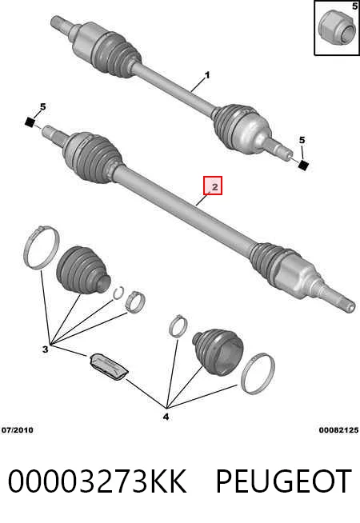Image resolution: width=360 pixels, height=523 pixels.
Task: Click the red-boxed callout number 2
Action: point(213,186)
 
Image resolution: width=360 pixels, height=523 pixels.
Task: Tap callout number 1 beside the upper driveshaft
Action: point(207,75)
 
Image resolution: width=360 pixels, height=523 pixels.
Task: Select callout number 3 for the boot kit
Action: point(46,349)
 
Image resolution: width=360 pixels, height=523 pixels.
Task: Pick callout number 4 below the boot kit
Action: point(166,417)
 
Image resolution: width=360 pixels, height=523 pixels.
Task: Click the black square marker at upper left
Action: point(30,122)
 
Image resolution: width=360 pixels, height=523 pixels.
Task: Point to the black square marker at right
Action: point(303,165)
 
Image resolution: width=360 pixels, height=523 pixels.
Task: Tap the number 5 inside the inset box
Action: point(354,6)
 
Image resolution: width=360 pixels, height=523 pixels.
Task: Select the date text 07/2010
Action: point(18,430)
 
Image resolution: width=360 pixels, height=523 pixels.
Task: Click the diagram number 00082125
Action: point(338,430)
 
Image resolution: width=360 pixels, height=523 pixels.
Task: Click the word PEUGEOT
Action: point(283,481)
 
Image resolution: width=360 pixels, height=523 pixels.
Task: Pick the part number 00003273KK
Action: point(97,481)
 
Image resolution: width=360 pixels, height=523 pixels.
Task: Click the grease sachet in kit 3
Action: point(109,366)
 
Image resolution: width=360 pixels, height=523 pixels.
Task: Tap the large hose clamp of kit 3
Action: point(42,247)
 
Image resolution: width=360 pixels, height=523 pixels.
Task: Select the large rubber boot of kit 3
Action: point(83,270)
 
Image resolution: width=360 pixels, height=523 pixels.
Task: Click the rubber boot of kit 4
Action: point(218,353)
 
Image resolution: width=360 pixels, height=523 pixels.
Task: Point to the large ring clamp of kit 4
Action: point(258,373)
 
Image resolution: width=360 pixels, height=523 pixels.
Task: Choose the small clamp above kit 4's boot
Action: point(178,325)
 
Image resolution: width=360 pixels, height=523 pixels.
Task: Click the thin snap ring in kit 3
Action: point(118,293)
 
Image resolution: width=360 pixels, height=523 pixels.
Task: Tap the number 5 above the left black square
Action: point(42,107)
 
